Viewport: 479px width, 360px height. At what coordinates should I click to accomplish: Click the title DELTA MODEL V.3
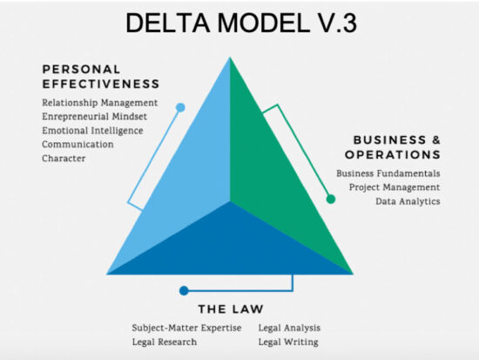pos(239,24)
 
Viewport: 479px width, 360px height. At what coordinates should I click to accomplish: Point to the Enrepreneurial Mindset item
pos(95,116)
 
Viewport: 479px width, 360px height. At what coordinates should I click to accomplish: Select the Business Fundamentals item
pos(388,173)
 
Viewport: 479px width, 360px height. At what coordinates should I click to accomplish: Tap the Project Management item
pos(394,187)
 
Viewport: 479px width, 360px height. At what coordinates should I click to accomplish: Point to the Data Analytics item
pos(408,201)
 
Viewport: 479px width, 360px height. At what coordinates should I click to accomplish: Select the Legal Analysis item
pos(289,328)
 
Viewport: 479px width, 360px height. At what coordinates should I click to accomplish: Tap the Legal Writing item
pos(287,342)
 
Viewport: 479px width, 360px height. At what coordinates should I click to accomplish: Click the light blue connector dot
pos(180,108)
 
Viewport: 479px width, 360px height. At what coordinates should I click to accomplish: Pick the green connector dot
pos(331,200)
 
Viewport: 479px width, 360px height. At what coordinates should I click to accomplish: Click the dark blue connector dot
pos(183,290)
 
